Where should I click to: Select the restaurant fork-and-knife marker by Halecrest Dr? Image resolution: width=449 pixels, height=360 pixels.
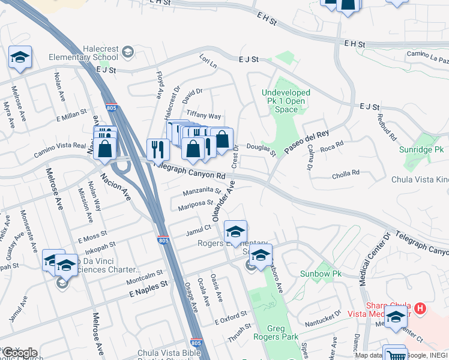pos(158,150)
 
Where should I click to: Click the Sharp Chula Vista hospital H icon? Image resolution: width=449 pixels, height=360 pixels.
pos(420,309)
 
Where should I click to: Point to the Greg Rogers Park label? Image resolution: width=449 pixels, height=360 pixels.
pos(283,332)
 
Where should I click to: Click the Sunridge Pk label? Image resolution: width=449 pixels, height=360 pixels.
pos(423,149)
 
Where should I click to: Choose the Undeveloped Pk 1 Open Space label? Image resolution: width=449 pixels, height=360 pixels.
pos(286,101)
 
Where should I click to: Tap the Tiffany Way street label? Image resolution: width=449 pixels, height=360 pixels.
pos(204,115)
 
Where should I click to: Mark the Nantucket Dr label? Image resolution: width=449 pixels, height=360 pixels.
pos(322,311)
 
